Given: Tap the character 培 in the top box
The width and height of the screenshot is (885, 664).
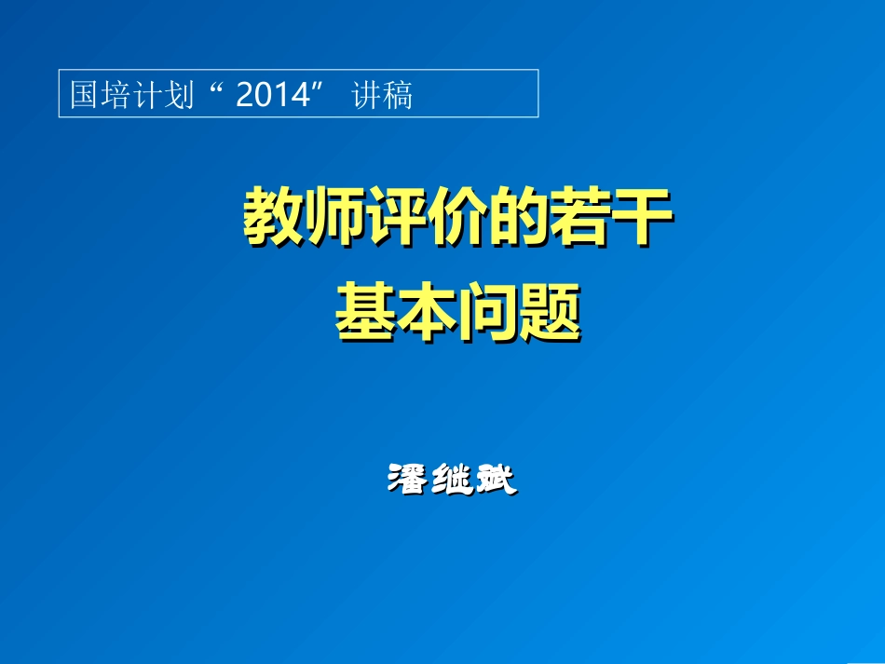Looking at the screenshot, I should (116, 95).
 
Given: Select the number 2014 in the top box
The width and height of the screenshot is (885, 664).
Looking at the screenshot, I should (272, 95).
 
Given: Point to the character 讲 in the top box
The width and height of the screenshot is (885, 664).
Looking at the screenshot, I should (366, 95).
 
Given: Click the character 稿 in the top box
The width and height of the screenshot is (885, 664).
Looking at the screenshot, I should (398, 95).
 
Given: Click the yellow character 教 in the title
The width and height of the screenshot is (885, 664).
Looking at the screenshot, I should (273, 217).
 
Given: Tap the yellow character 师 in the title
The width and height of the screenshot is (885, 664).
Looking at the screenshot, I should (334, 217).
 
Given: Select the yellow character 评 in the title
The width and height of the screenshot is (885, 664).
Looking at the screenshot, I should (396, 217).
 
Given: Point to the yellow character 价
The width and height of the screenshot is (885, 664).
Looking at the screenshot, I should (457, 217).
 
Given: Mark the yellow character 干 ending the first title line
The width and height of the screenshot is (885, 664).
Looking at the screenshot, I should (642, 217).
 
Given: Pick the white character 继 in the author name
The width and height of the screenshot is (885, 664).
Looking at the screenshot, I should (451, 479).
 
